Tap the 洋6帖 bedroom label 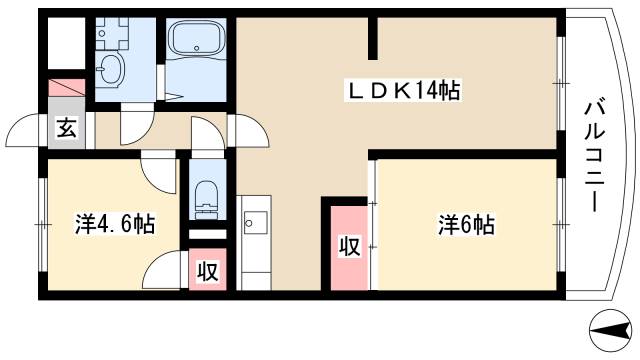[466, 224]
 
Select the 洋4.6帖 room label [114, 224]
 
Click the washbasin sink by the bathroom [112, 70]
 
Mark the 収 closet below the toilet [207, 270]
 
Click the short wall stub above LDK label [374, 40]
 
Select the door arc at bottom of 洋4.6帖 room [162, 272]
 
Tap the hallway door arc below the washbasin [134, 126]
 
